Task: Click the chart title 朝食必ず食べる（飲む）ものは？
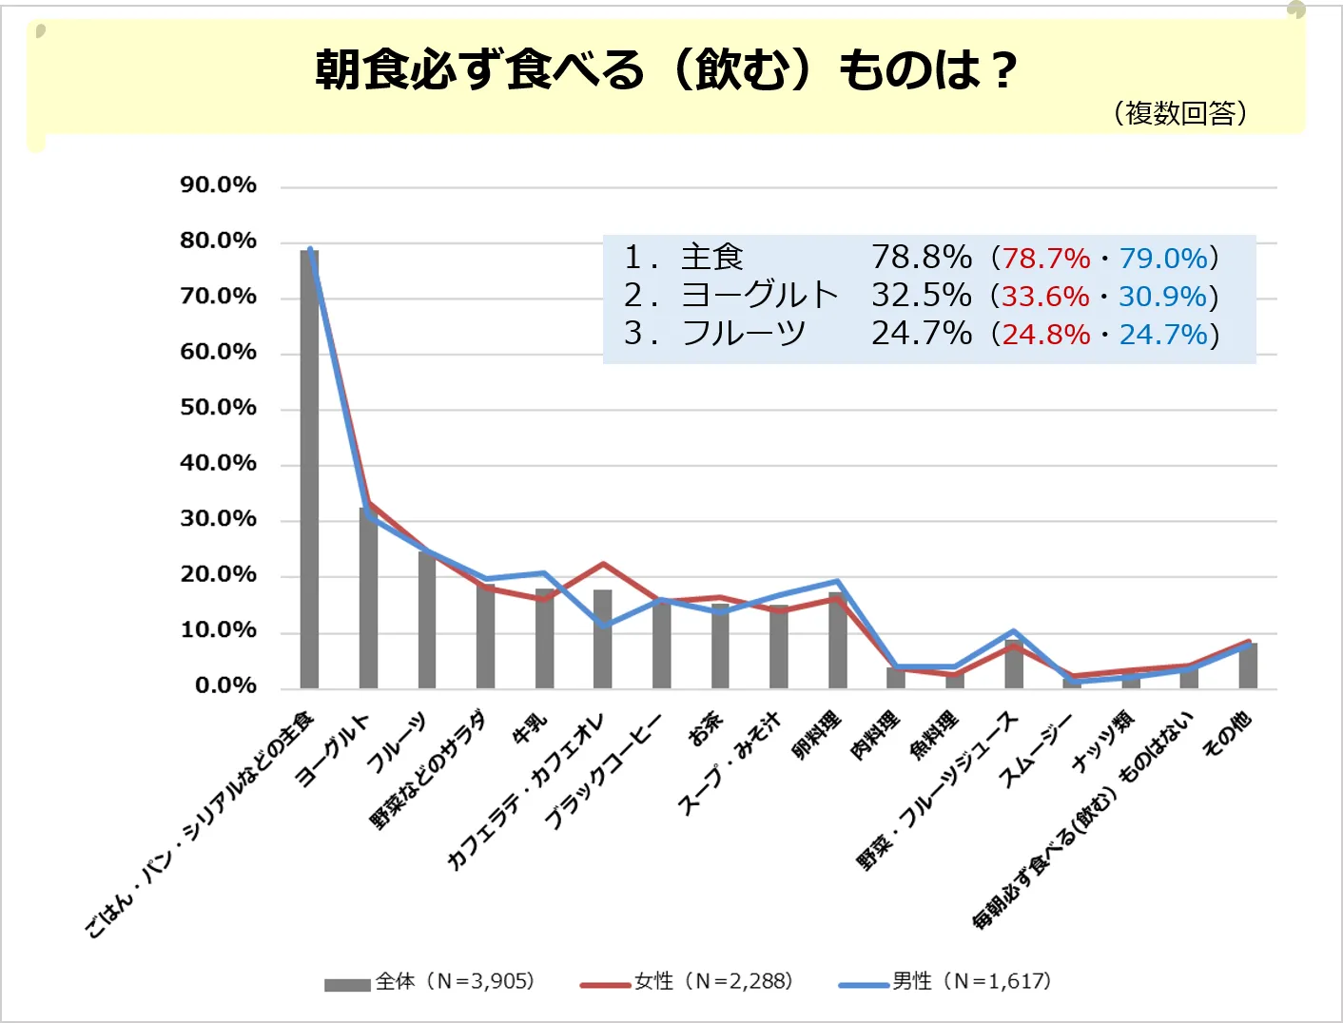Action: point(666,69)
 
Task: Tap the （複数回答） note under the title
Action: point(1179,113)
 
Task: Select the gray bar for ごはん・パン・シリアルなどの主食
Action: point(309,470)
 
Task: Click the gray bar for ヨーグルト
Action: point(368,598)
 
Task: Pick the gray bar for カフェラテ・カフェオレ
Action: point(602,639)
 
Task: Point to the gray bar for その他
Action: point(1248,666)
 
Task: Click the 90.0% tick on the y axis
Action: point(219,185)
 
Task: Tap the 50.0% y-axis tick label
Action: point(219,408)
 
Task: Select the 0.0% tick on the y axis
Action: point(225,685)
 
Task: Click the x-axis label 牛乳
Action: point(530,727)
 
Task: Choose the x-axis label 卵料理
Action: point(816,735)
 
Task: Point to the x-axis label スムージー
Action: point(1034,751)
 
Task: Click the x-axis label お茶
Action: point(705,729)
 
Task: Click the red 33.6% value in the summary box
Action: point(1045,297)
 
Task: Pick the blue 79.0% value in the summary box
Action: point(1163,259)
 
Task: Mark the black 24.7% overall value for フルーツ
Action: point(921,334)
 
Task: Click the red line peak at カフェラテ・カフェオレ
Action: point(603,564)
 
